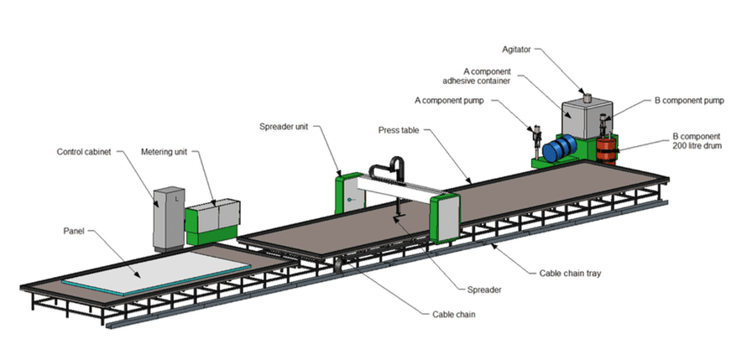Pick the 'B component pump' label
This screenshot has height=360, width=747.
[688, 100]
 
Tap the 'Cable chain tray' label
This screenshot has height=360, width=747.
[574, 274]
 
